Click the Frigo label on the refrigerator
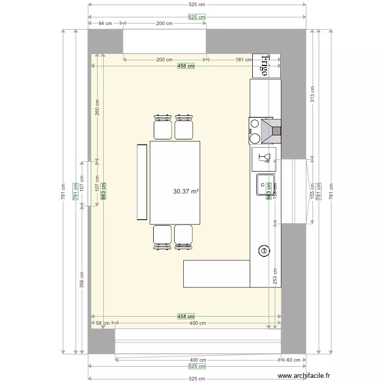pyautogui.click(x=265, y=65)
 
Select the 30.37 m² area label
pyautogui.click(x=186, y=192)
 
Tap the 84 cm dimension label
pyautogui.click(x=105, y=23)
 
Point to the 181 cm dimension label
pyautogui.click(x=243, y=60)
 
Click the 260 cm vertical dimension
pyautogui.click(x=97, y=107)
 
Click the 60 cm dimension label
pyautogui.click(x=293, y=360)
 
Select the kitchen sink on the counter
pyautogui.click(x=266, y=184)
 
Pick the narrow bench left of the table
pyautogui.click(x=142, y=182)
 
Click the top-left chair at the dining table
pyautogui.click(x=162, y=128)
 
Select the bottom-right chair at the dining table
pyautogui.click(x=184, y=236)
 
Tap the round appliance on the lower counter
pyautogui.click(x=264, y=251)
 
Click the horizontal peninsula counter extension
pyautogui.click(x=216, y=274)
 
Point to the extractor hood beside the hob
pyautogui.click(x=272, y=131)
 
